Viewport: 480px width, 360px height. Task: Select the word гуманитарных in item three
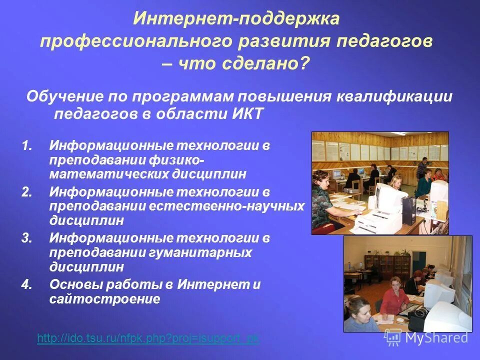tap(200, 252)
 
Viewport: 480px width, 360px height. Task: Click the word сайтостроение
tap(104, 299)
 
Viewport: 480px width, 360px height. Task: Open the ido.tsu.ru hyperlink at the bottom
tap(148, 338)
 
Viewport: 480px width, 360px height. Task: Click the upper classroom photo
tap(380, 183)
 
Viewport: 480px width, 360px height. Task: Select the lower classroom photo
tap(407, 284)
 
